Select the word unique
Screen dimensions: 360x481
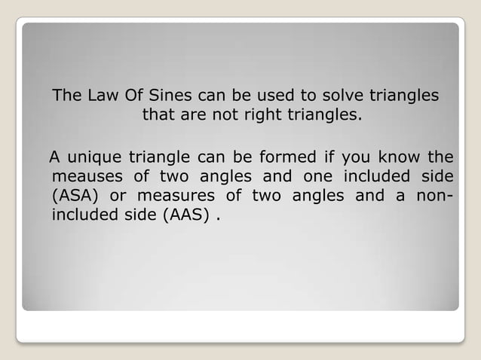click(93, 157)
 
